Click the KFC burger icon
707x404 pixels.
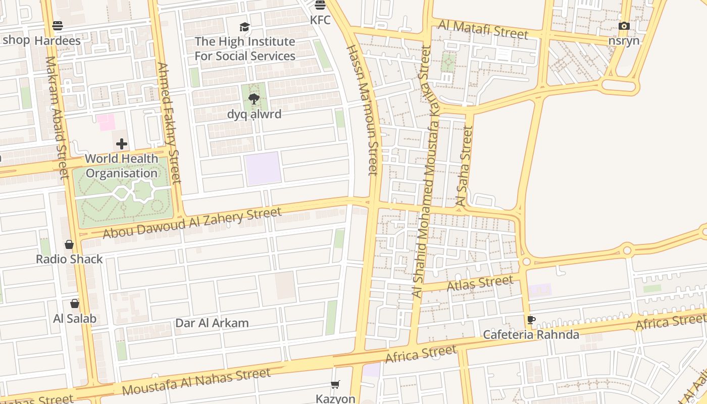point(320,5)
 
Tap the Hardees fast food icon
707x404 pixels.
point(58,25)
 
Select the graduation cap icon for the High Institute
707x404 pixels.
point(245,27)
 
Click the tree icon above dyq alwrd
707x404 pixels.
point(254,99)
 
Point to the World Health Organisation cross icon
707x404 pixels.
point(122,144)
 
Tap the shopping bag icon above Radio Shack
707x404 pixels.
point(69,245)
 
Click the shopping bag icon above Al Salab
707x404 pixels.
point(75,304)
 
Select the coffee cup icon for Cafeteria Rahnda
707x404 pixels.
point(531,320)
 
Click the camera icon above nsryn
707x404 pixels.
point(624,26)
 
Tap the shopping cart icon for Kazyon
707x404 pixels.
point(335,385)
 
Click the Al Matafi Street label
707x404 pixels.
point(483,30)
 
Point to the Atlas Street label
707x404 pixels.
point(480,283)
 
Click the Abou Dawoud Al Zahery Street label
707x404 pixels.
point(192,223)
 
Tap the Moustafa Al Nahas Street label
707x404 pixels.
point(196,382)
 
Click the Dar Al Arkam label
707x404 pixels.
point(212,323)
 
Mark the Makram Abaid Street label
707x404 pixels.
point(57,118)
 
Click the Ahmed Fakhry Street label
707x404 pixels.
point(169,123)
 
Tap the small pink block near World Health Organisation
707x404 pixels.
point(106,122)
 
